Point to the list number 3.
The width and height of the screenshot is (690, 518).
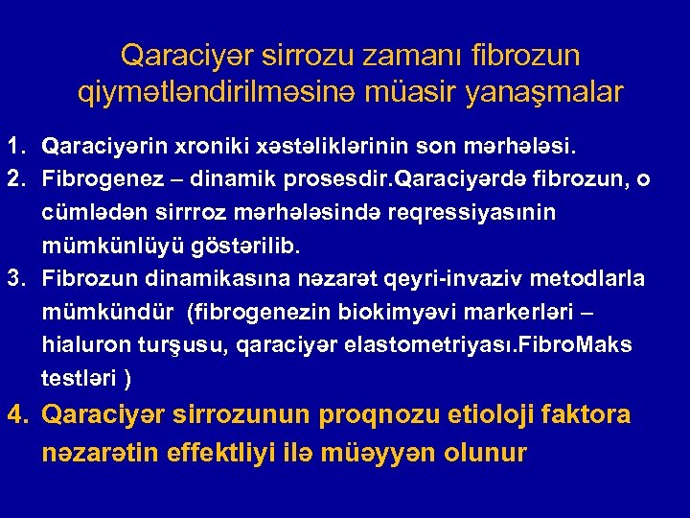[15, 278]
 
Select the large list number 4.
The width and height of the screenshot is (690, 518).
[16, 415]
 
